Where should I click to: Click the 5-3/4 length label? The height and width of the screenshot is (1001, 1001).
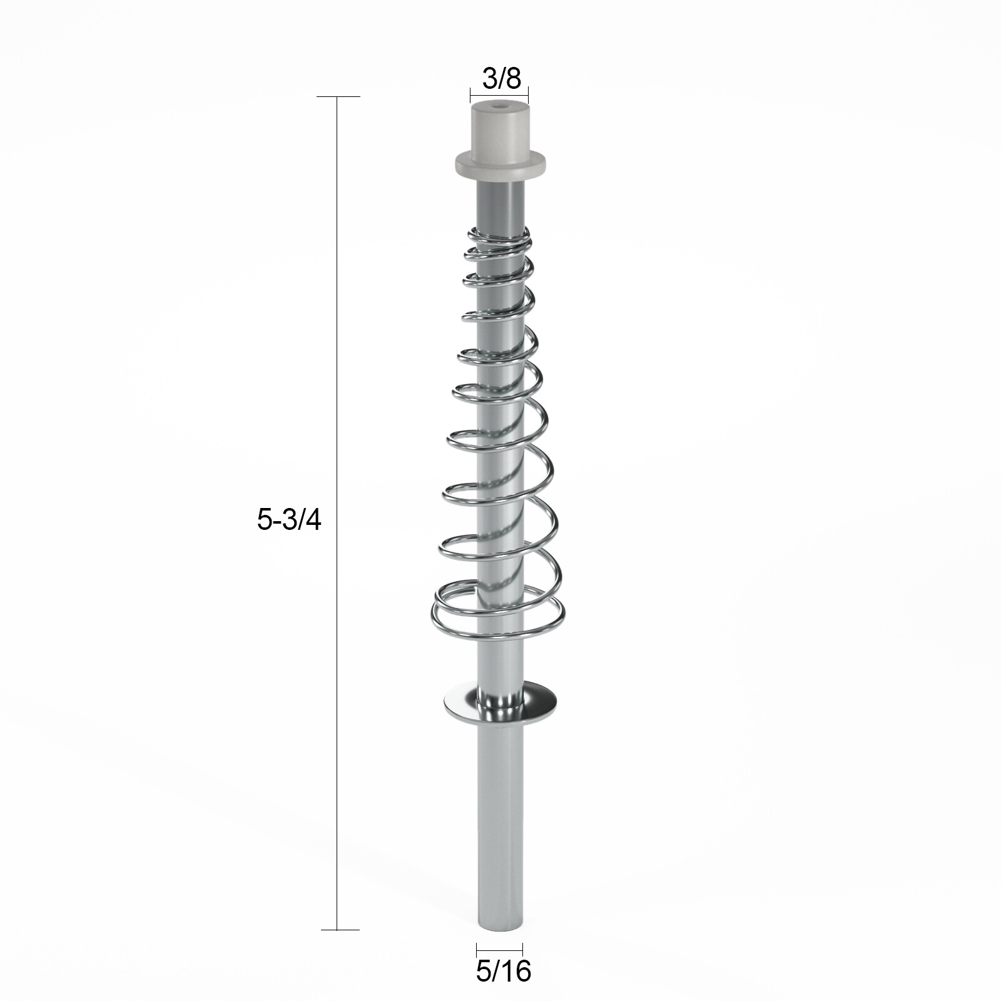point(288,520)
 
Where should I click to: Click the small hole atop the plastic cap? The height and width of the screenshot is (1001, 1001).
point(499,108)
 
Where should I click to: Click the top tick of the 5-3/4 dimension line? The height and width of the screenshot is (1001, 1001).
point(338,97)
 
